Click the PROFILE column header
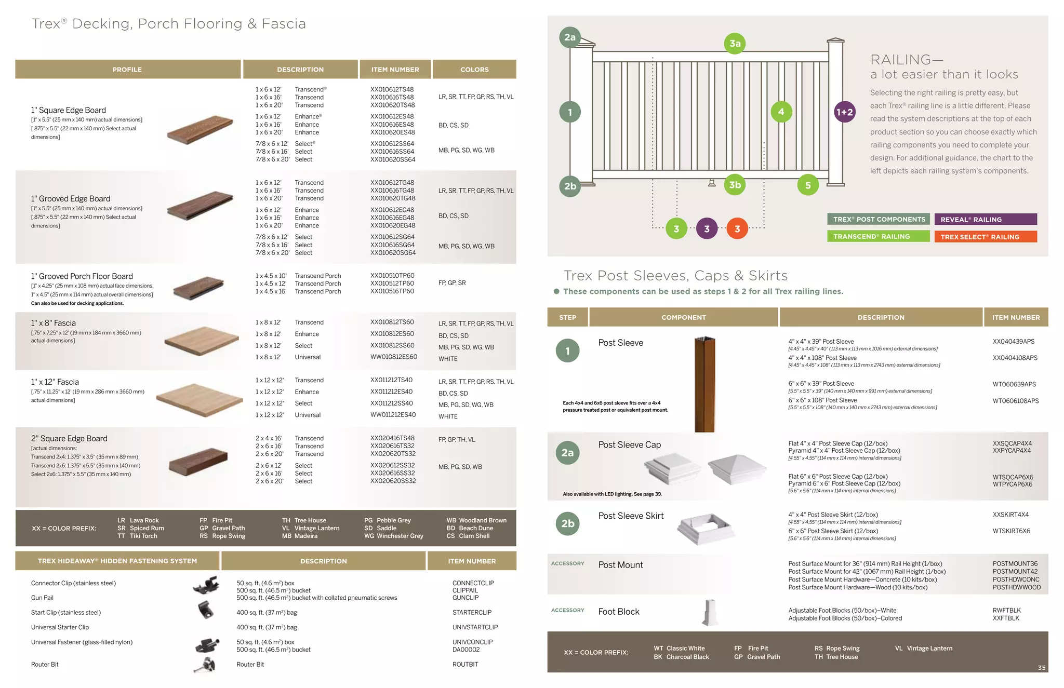click(x=127, y=70)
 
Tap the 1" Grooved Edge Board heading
click(x=71, y=198)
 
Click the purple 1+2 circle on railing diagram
click(x=844, y=112)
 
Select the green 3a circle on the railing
click(x=735, y=44)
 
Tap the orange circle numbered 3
click(x=737, y=229)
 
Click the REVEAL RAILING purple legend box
click(x=985, y=220)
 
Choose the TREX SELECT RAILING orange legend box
click(x=985, y=237)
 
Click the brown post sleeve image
click(x=704, y=384)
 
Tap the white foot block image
click(x=710, y=613)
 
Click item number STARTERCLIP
click(x=472, y=613)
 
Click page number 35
click(x=1041, y=668)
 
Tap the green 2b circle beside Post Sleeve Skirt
click(x=568, y=523)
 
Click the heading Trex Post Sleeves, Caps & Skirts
click(x=675, y=276)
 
